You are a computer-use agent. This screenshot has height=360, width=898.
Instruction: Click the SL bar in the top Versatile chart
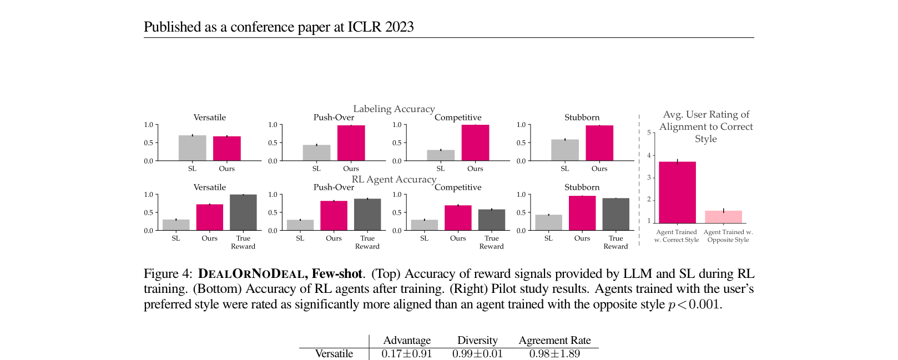pyautogui.click(x=192, y=148)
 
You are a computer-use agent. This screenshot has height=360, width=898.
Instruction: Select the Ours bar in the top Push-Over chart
pyautogui.click(x=351, y=143)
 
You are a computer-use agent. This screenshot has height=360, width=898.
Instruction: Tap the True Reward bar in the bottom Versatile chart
pyautogui.click(x=243, y=212)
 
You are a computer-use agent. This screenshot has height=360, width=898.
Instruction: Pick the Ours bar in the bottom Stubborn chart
pyautogui.click(x=582, y=213)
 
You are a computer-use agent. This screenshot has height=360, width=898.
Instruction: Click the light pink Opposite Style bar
pyautogui.click(x=723, y=217)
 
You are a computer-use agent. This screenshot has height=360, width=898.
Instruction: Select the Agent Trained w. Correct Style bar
pyautogui.click(x=677, y=192)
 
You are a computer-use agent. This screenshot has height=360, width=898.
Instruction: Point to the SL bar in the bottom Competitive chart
pyautogui.click(x=424, y=225)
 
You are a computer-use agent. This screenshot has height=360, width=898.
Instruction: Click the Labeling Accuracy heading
pyautogui.click(x=394, y=109)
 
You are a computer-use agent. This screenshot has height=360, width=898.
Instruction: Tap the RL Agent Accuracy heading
pyautogui.click(x=394, y=179)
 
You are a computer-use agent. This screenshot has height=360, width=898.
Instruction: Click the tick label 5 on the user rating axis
pyautogui.click(x=649, y=133)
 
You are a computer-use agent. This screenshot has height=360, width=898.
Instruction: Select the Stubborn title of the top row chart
pyautogui.click(x=582, y=118)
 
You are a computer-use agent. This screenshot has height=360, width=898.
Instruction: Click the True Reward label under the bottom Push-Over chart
pyautogui.click(x=367, y=242)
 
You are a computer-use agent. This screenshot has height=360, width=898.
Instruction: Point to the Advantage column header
pyautogui.click(x=407, y=340)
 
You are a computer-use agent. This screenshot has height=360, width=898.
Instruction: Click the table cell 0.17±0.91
pyautogui.click(x=407, y=354)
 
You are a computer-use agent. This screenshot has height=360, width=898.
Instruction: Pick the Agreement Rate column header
pyautogui.click(x=554, y=340)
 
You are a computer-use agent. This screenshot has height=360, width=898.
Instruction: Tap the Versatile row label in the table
pyautogui.click(x=334, y=354)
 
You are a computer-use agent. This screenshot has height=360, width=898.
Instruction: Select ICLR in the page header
pyautogui.click(x=365, y=27)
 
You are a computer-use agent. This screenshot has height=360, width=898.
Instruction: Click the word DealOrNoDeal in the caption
pyautogui.click(x=251, y=274)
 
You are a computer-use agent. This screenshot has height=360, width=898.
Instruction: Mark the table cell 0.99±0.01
pyautogui.click(x=477, y=354)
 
